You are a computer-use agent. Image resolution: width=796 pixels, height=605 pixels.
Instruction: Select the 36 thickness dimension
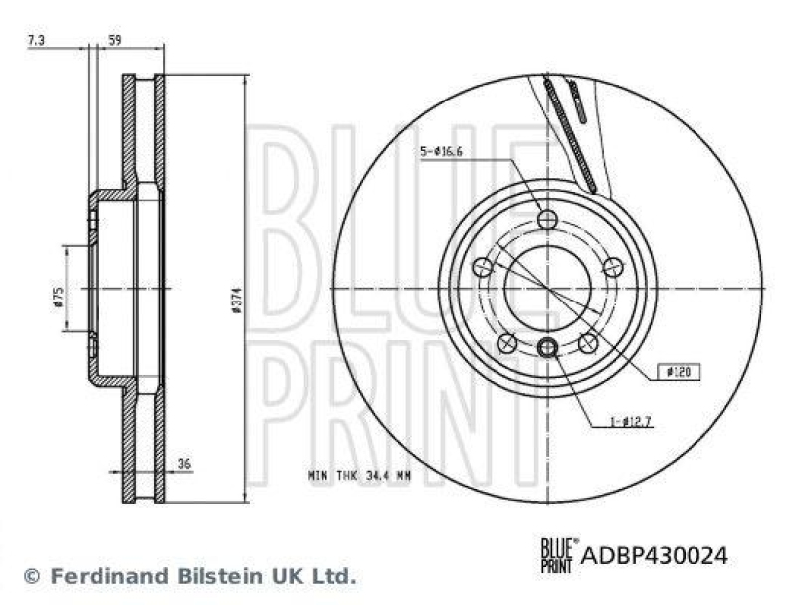pos(183,463)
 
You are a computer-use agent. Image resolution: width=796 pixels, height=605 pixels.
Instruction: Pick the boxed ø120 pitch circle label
pos(680,372)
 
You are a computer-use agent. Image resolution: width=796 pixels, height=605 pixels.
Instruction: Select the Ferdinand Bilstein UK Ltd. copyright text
pos(189,575)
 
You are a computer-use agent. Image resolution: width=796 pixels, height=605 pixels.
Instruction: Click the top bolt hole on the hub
pos(547,219)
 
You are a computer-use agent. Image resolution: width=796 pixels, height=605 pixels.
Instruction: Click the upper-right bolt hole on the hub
pos(613,266)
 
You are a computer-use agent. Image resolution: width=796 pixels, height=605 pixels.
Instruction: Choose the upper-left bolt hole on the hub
pos(483,266)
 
